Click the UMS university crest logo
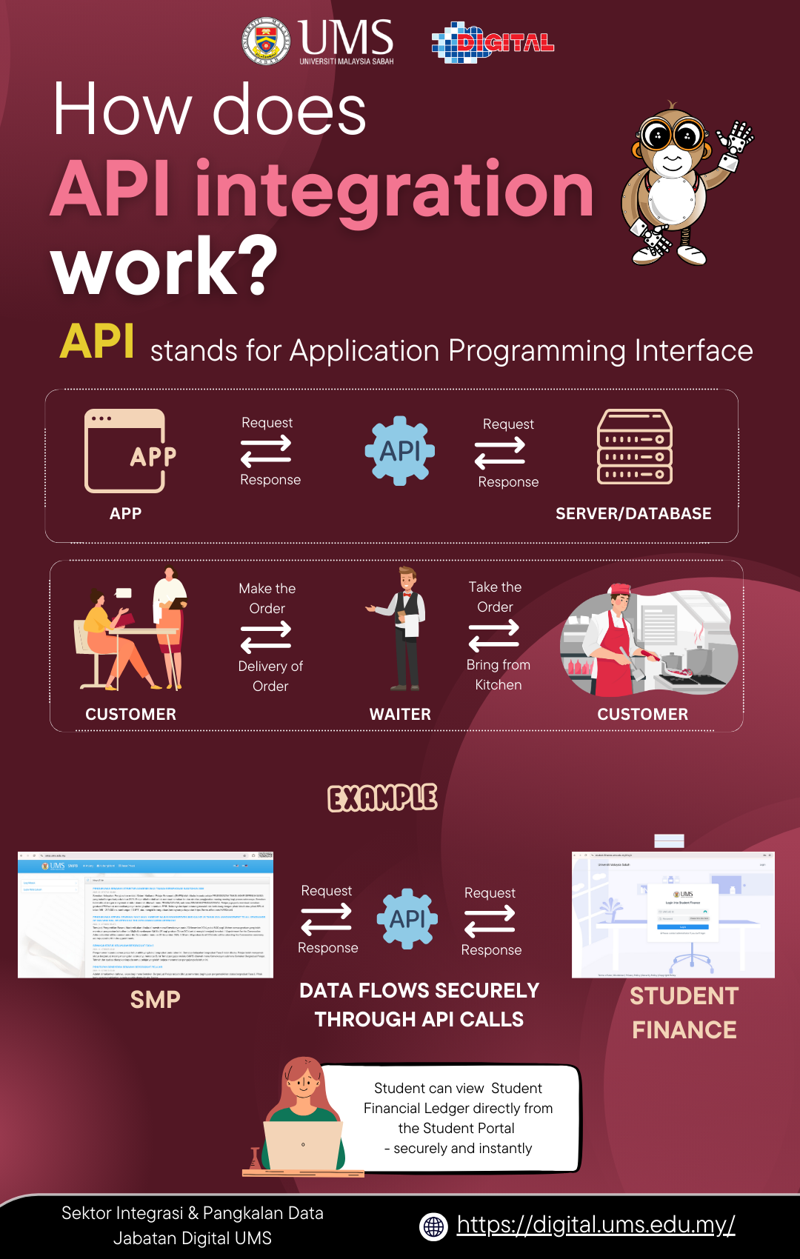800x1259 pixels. tap(267, 41)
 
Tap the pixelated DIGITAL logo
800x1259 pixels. tap(493, 42)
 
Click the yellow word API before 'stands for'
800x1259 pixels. tap(97, 342)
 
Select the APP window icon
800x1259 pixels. tap(125, 451)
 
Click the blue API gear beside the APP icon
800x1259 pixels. tap(400, 451)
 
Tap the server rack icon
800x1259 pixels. tap(635, 447)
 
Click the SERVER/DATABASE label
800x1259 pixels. tap(633, 513)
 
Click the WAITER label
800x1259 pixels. tap(400, 714)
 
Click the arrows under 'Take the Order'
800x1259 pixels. tap(494, 635)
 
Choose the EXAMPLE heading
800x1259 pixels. tap(382, 798)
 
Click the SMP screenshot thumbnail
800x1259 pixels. tap(146, 915)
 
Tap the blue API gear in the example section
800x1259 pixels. tap(407, 919)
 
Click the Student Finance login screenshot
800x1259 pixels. tap(673, 915)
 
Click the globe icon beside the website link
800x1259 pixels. tap(434, 1226)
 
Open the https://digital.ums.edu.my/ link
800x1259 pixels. tap(596, 1225)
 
